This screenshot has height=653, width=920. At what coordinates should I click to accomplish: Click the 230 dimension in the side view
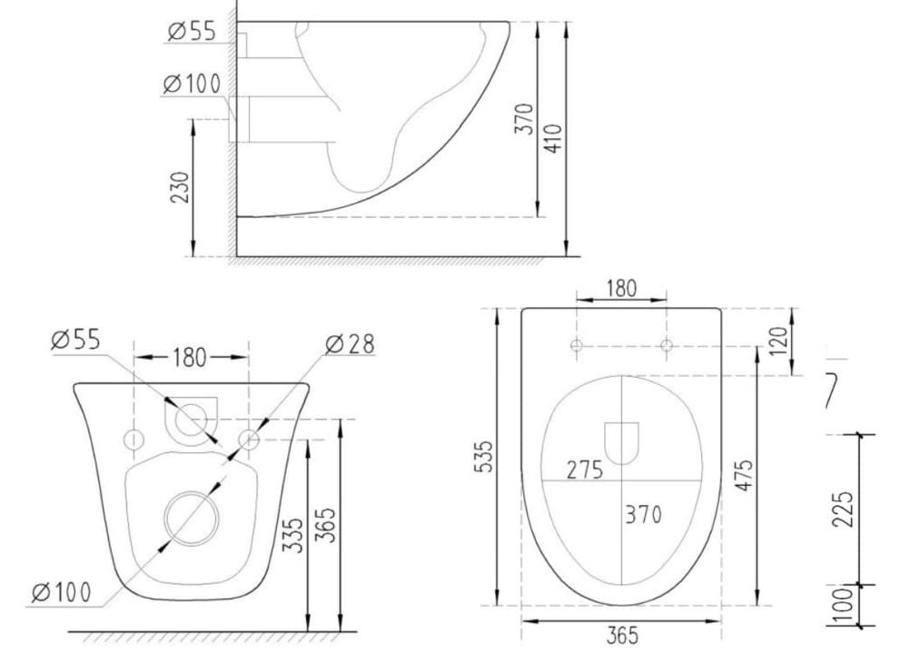click(181, 188)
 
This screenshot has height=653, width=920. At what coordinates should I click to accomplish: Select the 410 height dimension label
click(553, 138)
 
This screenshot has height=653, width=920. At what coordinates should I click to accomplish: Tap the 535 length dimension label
click(487, 457)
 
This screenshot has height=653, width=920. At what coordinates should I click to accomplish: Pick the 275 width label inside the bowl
click(584, 470)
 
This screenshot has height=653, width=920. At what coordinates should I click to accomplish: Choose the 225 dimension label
click(843, 510)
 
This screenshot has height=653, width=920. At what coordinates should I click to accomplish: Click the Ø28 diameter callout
click(350, 344)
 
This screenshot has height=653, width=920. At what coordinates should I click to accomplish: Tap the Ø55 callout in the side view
click(192, 31)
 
